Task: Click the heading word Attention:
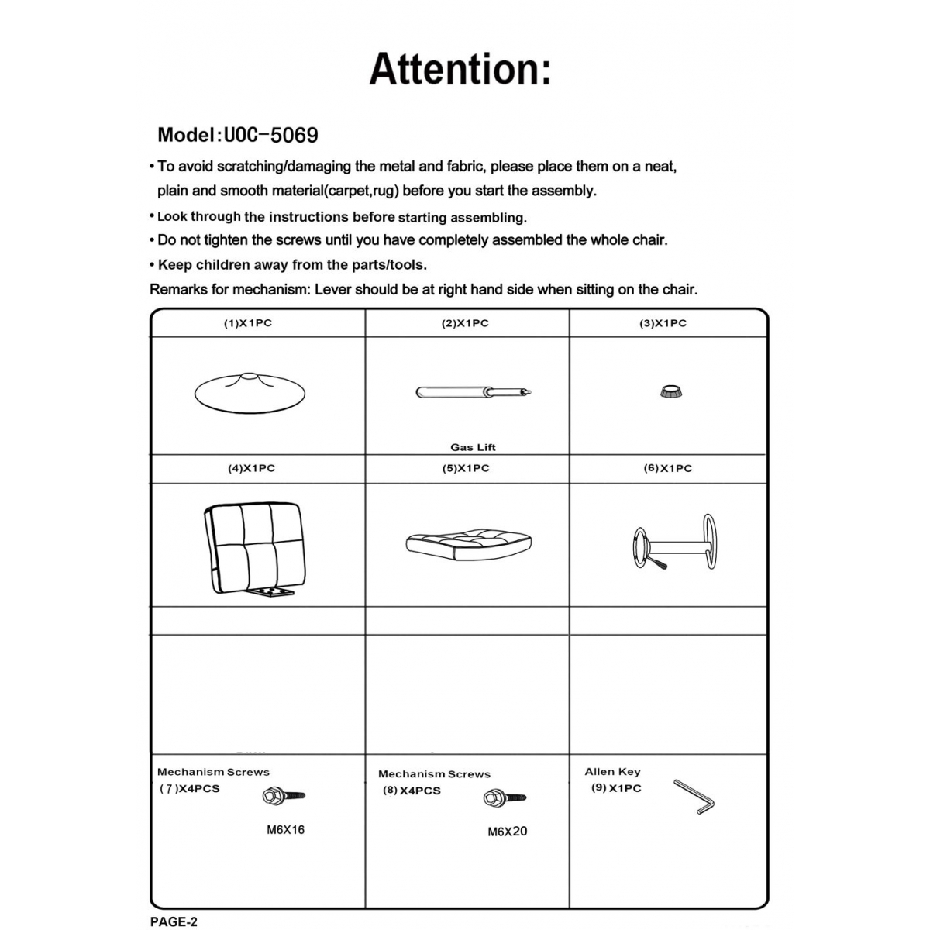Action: (460, 69)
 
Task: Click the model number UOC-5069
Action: (270, 135)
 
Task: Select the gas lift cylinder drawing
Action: (474, 392)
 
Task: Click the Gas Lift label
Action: (473, 447)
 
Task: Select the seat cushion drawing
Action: (468, 542)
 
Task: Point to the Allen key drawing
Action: (694, 797)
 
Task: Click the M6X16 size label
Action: (285, 830)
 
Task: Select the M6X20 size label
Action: (507, 832)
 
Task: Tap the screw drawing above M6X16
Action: (284, 795)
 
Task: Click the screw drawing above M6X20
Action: (505, 797)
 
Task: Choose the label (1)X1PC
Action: (248, 323)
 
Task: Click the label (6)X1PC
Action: (667, 468)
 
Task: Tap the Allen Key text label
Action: (612, 771)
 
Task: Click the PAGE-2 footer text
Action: (174, 921)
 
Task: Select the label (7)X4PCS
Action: (189, 789)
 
